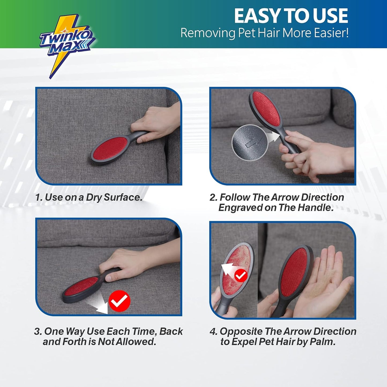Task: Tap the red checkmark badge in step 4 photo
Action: click(241, 275)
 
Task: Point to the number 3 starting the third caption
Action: click(37, 332)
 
